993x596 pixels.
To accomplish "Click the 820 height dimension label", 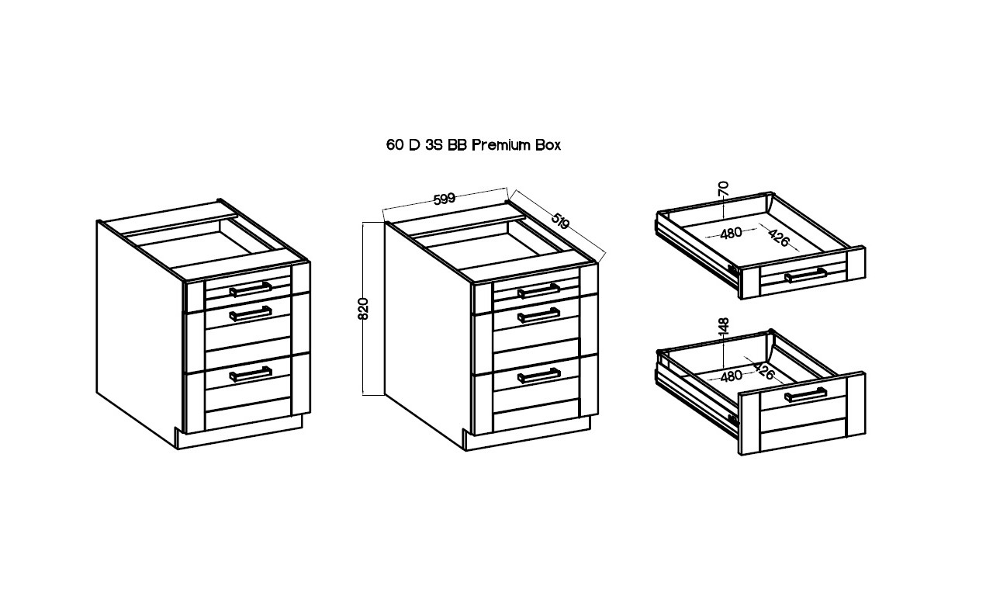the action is pos(362,309).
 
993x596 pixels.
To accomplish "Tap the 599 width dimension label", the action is pos(445,199).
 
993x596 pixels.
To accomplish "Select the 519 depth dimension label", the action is pos(560,221).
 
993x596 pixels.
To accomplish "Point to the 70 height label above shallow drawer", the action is pos(723,189).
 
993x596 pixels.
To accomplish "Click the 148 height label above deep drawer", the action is pos(723,326).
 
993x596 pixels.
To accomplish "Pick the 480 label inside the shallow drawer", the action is pos(731,233).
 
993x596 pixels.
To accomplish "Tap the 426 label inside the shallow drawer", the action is pos(779,237).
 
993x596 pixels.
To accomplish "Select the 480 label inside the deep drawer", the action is pos(731,376).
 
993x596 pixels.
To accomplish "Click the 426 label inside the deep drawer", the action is pos(764,371).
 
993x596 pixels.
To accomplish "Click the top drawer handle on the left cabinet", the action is pos(251,289).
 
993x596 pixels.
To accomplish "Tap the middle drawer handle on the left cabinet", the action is pos(251,314).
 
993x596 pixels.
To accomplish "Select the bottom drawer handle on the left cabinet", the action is pos(251,374).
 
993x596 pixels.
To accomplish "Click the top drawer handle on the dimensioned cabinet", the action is pos(538,291).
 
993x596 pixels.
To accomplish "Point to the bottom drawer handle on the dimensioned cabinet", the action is pos(538,376).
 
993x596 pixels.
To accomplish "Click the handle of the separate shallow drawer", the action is pos(806,275).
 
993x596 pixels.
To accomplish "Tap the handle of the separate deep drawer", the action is pos(806,395).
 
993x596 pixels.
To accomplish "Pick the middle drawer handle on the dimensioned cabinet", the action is pos(538,315).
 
